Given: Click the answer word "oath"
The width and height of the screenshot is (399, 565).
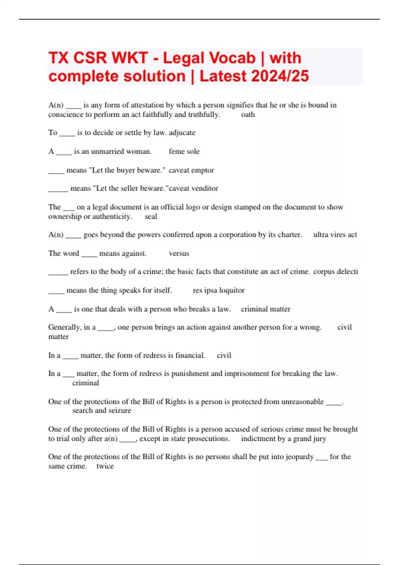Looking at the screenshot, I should point(248,115).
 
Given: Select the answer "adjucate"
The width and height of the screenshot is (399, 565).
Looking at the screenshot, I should point(182,133).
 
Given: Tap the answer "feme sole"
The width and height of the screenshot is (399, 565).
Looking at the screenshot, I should point(184,152).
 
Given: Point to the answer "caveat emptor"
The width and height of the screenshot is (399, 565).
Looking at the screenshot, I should point(191,170).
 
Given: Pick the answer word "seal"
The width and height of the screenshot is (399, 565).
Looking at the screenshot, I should point(151,217).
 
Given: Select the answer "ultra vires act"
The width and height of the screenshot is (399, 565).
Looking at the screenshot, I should point(335,235).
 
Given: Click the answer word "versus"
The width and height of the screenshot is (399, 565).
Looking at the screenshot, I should point(179,254).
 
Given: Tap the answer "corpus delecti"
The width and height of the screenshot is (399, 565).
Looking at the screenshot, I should point(335,272).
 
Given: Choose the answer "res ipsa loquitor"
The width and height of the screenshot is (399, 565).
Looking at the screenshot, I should point(218,290).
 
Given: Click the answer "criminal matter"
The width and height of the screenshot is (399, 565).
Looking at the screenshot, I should point(265,309).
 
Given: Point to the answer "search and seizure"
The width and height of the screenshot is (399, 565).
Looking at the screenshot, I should point(102,410).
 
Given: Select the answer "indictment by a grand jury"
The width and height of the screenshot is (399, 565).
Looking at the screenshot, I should point(283,439).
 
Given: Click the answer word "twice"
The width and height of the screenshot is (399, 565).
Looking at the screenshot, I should point(105,466).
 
